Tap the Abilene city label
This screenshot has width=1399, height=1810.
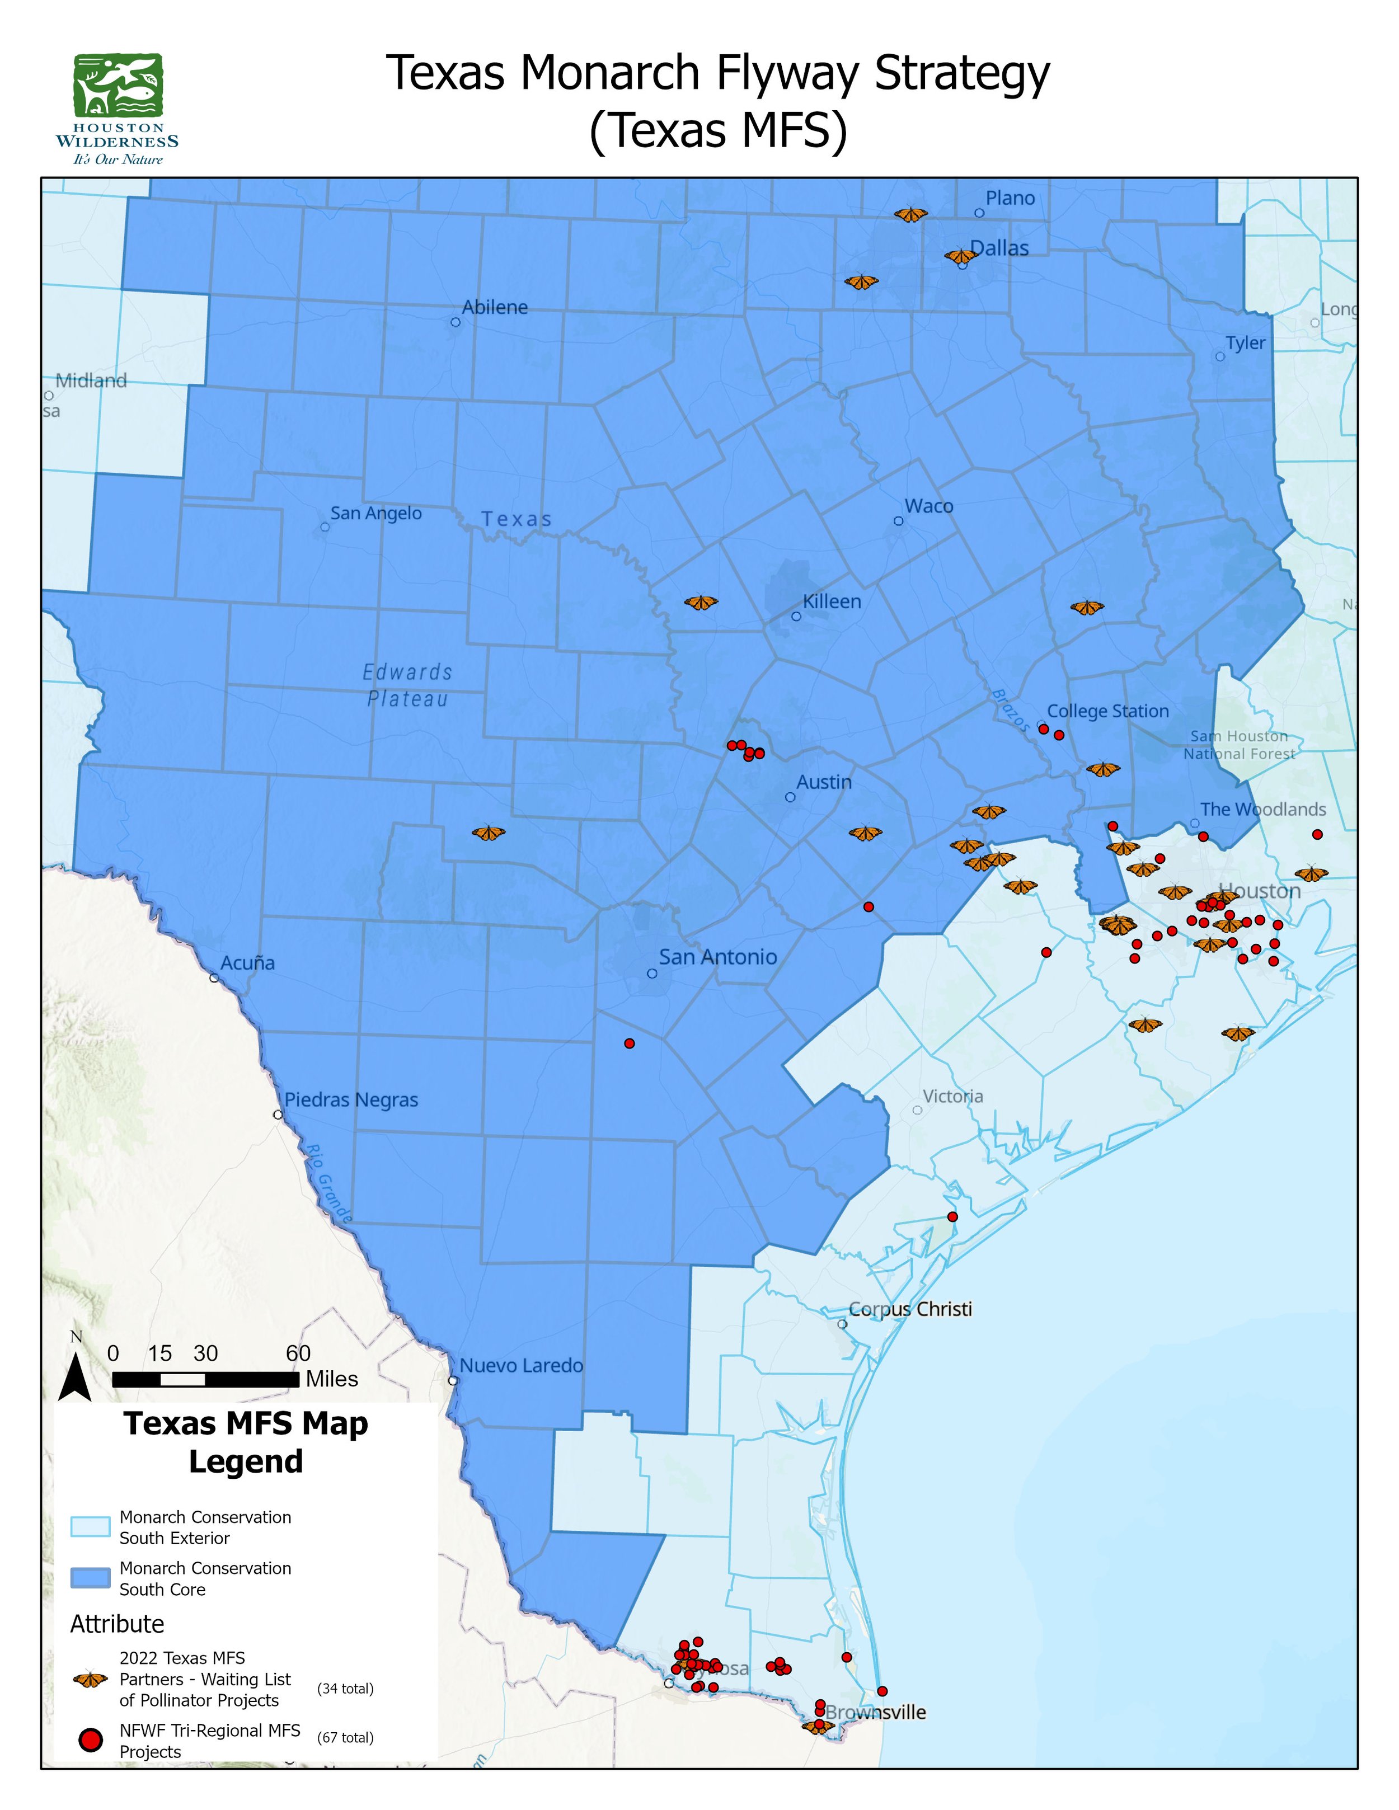[x=494, y=308]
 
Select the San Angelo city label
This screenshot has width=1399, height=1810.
[x=375, y=513]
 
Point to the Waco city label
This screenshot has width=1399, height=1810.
[x=928, y=506]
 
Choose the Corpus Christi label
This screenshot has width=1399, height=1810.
[x=910, y=1309]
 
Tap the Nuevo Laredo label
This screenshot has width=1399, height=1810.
[x=522, y=1365]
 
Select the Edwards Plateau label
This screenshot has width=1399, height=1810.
[x=408, y=685]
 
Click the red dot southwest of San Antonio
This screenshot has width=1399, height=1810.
[x=629, y=1043]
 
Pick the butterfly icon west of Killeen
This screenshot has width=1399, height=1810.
[x=701, y=603]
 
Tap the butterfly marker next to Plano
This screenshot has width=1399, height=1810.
[x=911, y=215]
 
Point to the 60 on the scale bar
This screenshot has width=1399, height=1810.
[x=298, y=1353]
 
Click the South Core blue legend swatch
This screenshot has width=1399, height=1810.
[x=90, y=1577]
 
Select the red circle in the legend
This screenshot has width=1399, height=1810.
[x=90, y=1741]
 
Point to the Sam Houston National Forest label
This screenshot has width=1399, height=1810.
[x=1238, y=745]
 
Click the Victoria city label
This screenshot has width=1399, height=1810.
[x=952, y=1097]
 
